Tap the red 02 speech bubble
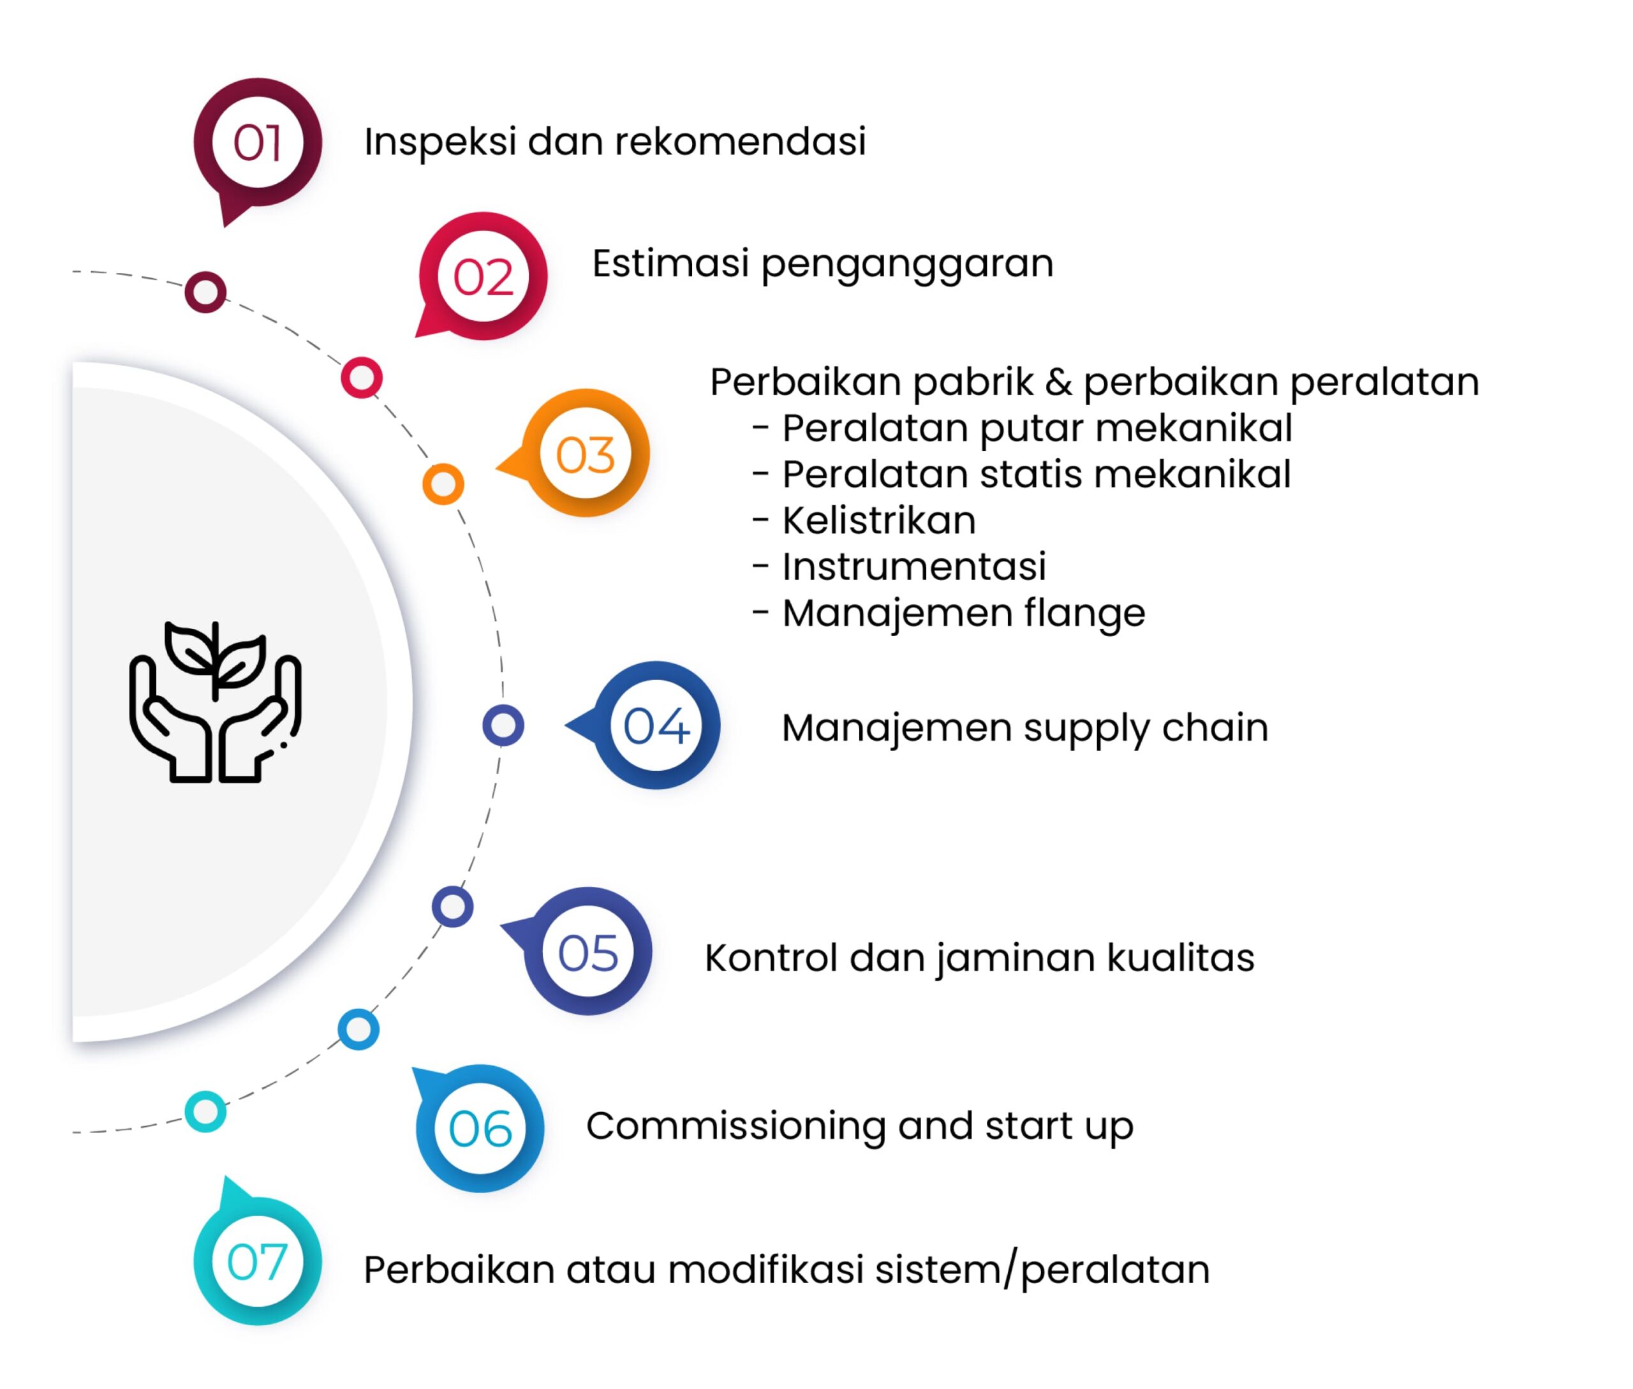click(483, 276)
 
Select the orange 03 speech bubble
click(585, 454)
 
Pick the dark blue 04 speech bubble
click(656, 725)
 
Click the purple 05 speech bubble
click(587, 952)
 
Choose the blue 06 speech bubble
click(480, 1129)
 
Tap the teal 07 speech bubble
click(258, 1261)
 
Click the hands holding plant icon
click(215, 702)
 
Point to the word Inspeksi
click(440, 142)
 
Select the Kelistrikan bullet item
click(878, 521)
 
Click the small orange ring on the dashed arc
click(443, 484)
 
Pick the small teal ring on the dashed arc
click(205, 1112)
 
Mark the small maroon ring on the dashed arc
click(205, 292)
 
